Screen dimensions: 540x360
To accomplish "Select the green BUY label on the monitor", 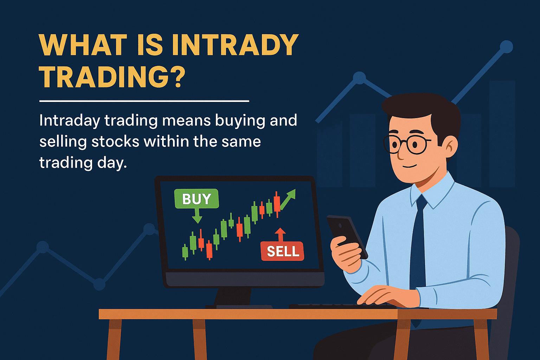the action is (x=197, y=198).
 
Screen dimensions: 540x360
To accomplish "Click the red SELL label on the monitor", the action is (x=283, y=251).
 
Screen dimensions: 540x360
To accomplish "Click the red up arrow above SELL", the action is (x=280, y=234).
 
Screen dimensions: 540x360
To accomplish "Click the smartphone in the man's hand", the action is (x=347, y=236).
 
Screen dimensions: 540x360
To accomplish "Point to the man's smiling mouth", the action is (x=409, y=166).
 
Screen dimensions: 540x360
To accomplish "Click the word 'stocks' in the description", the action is (x=115, y=142).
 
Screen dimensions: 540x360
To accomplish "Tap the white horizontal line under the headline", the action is (x=144, y=101).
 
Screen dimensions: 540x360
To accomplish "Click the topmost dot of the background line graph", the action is (x=506, y=46).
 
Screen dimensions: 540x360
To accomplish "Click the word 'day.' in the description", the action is (x=112, y=163).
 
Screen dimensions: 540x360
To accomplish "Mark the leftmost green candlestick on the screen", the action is (x=185, y=252).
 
